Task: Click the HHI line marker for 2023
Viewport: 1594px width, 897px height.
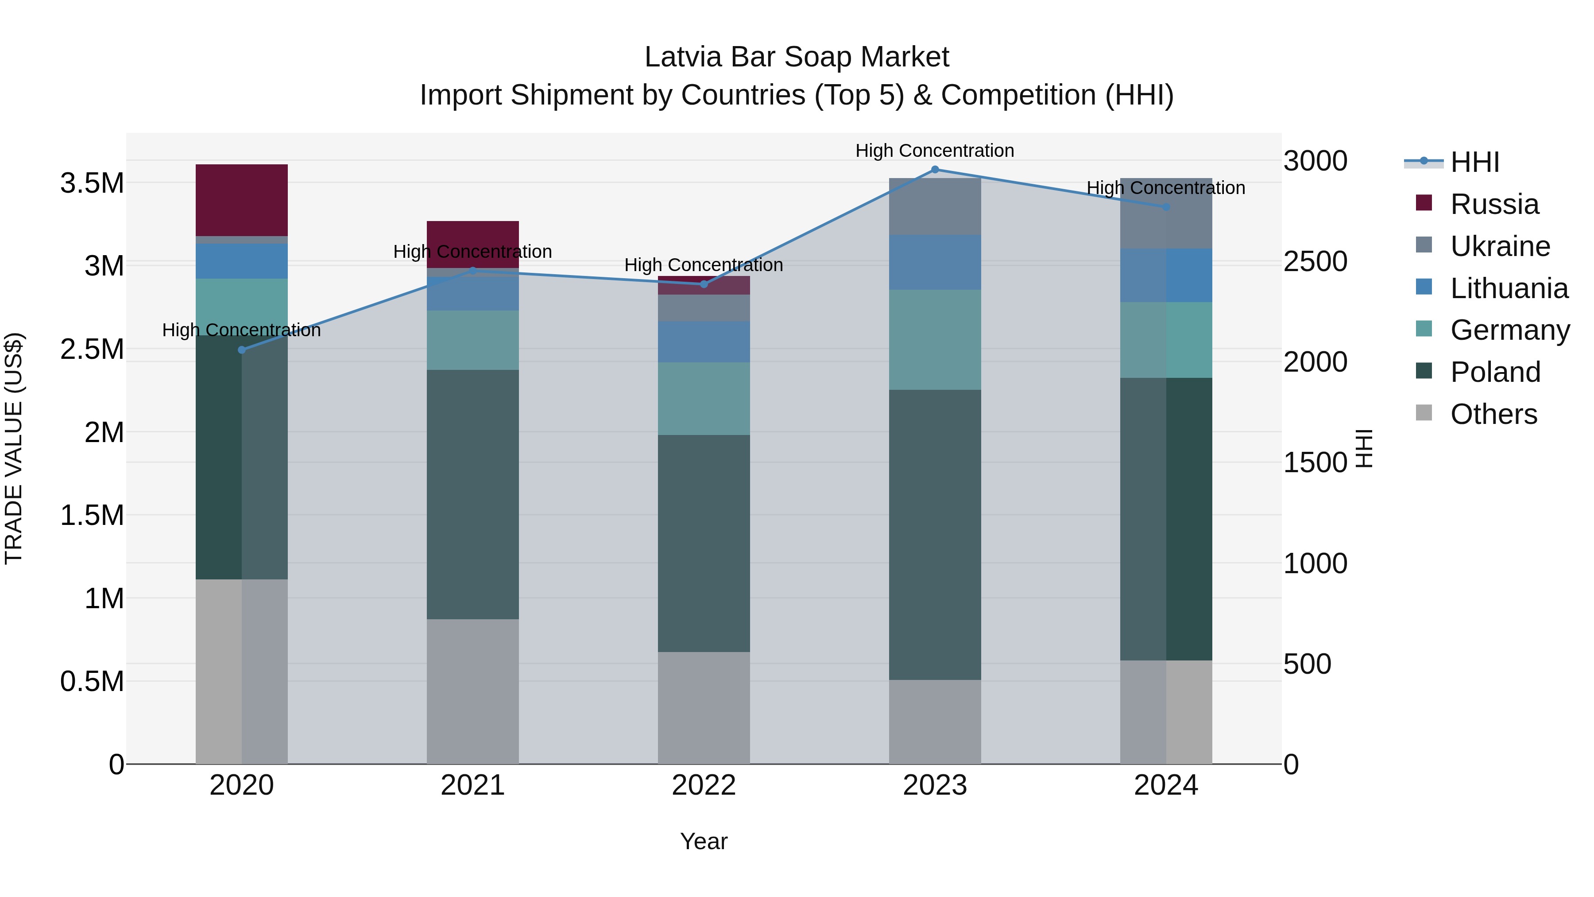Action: point(935,170)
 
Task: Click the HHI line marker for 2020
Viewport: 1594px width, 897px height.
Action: point(242,350)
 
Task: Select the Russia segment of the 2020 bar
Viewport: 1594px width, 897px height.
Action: point(242,200)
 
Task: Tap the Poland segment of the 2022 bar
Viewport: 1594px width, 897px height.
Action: point(704,543)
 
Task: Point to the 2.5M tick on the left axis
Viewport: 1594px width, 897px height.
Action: point(92,349)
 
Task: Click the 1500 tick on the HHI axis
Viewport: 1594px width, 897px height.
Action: point(1315,462)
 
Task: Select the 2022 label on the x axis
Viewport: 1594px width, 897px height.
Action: point(704,785)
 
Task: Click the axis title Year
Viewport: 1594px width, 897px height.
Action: point(704,841)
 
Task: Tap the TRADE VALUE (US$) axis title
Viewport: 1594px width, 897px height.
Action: point(14,448)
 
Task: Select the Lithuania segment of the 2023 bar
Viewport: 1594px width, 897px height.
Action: point(935,262)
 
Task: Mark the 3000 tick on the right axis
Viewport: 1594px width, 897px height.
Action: point(1315,161)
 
